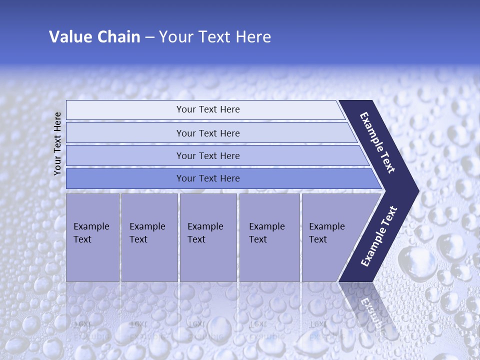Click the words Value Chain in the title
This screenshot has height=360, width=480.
click(x=94, y=37)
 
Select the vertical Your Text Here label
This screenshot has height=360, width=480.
click(x=57, y=143)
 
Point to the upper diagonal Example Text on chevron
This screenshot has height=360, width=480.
click(x=377, y=142)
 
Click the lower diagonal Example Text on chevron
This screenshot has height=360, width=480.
click(x=379, y=236)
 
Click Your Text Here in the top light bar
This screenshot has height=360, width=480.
click(x=208, y=109)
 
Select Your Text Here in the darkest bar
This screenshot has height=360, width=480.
click(x=208, y=178)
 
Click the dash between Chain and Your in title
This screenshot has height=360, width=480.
click(x=149, y=37)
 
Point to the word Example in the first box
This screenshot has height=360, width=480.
click(x=91, y=226)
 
